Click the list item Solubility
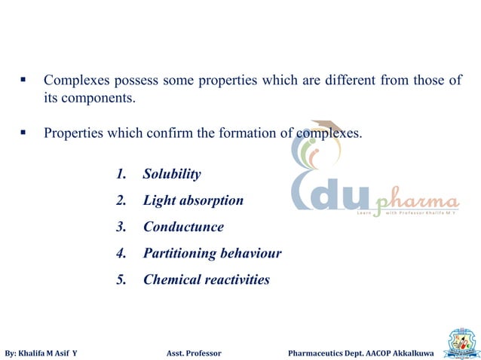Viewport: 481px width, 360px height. [x=172, y=175]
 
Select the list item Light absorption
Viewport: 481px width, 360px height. [x=193, y=201]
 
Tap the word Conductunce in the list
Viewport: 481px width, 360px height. [x=183, y=227]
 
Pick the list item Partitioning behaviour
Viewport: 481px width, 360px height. [x=212, y=253]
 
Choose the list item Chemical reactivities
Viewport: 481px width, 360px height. [x=206, y=279]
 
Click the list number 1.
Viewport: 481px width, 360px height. [x=121, y=175]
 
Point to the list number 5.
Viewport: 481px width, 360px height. [x=121, y=279]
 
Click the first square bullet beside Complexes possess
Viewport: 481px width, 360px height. [x=23, y=78]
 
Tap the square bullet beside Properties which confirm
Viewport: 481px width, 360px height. [x=23, y=133]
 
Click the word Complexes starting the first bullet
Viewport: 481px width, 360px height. [x=77, y=80]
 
